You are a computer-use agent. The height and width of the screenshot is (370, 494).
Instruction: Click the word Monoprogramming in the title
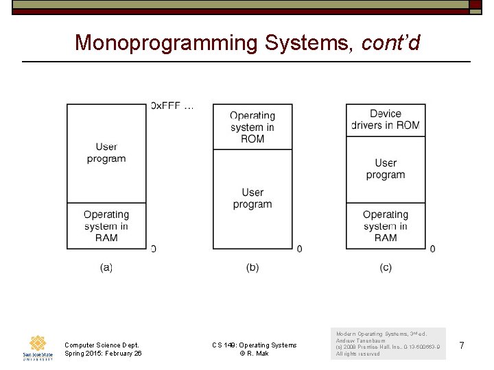point(165,42)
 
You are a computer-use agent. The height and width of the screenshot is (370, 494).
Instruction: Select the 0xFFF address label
point(172,106)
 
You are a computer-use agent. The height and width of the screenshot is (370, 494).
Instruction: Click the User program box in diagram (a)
point(106,153)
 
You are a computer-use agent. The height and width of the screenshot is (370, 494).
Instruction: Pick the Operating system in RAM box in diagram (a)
point(106,225)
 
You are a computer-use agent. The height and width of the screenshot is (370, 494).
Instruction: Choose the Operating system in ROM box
point(252,127)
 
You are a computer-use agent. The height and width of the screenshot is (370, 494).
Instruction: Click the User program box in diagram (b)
point(252,199)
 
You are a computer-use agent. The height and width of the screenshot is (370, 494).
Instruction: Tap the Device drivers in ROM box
point(386,119)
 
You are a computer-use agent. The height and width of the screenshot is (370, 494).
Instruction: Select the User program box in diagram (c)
point(386,169)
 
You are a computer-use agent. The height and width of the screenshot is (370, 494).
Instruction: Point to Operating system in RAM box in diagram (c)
point(386,225)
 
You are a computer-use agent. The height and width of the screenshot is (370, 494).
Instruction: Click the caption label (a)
point(106,267)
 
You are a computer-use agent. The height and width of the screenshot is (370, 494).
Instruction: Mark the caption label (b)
point(252,267)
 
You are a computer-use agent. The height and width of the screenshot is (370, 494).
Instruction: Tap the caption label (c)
point(386,267)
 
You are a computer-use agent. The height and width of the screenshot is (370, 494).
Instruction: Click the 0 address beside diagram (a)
point(153,249)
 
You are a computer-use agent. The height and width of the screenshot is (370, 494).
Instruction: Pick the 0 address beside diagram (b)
point(299,249)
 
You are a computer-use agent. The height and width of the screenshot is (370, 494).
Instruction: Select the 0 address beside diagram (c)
point(432,249)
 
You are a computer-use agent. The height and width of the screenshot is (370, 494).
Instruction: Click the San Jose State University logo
point(37,347)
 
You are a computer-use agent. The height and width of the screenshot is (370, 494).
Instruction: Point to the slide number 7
point(462,346)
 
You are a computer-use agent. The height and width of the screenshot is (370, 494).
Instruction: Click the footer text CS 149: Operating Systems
point(255,345)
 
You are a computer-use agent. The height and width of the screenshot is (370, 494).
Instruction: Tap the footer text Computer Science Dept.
point(102,345)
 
